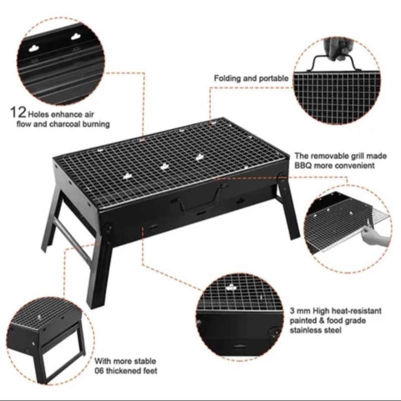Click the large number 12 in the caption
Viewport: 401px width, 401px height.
pos(18,112)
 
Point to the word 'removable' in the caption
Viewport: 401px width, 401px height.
pos(330,156)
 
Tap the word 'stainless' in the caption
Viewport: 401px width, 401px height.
pos(305,330)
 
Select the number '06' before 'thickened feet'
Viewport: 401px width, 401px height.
pos(99,370)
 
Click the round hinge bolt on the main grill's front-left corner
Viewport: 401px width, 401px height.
pos(108,227)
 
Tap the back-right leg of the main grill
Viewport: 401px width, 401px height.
pos(289,207)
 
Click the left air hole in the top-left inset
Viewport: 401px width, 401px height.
pos(33,48)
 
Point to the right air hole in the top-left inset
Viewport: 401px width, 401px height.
pos(76,37)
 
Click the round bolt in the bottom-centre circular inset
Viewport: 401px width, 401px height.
pos(275,333)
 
